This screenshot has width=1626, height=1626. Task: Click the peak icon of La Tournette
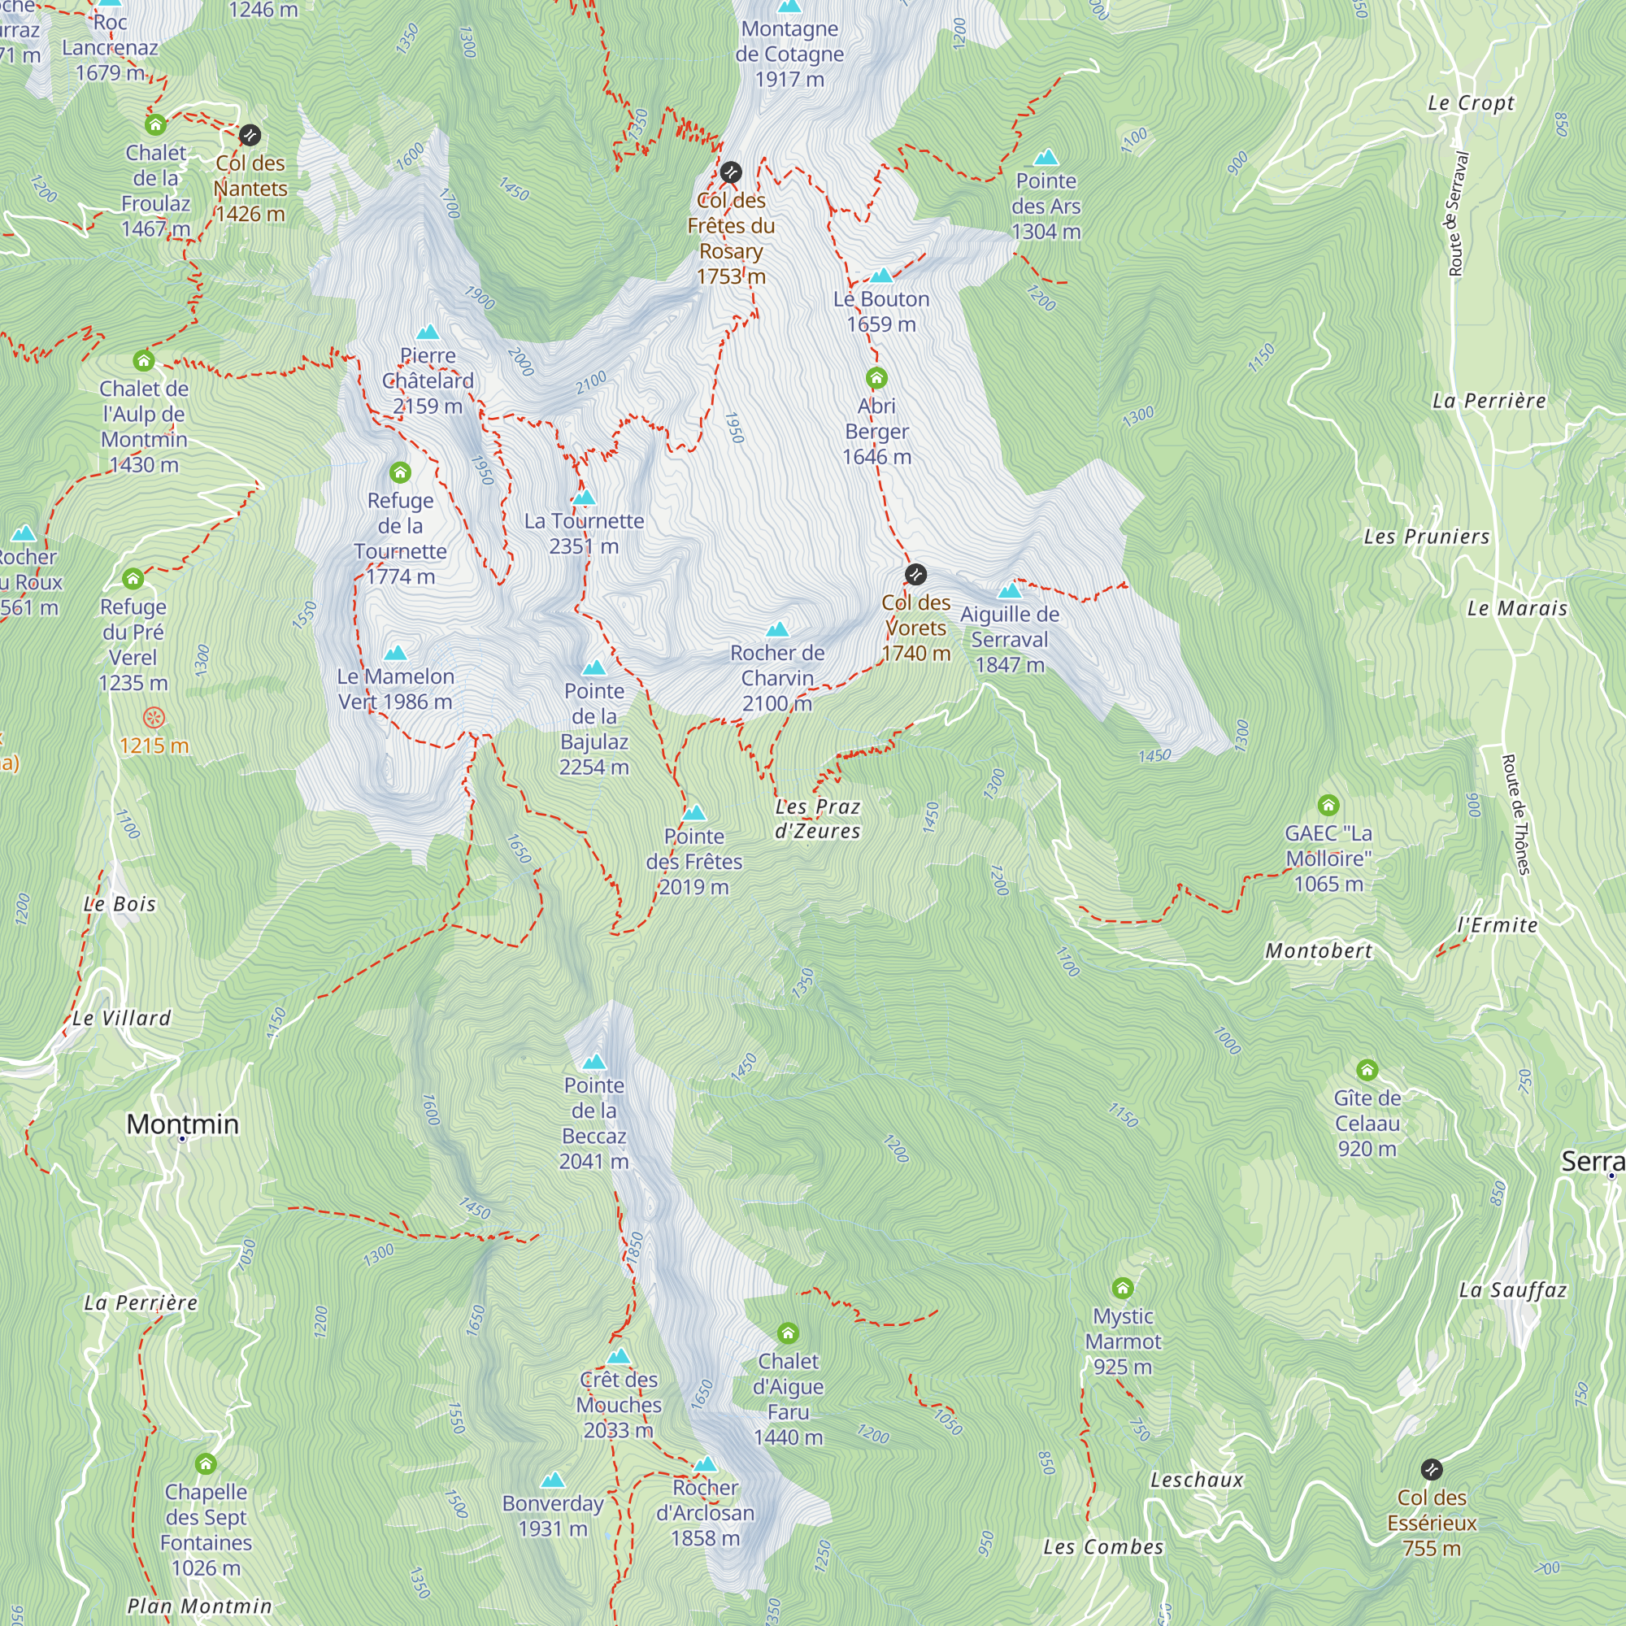tap(584, 498)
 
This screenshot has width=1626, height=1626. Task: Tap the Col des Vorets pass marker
tap(915, 575)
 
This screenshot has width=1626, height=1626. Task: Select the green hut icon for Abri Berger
tap(876, 377)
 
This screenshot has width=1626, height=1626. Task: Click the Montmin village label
tap(183, 1124)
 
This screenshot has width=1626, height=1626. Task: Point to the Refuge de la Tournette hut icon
tap(401, 472)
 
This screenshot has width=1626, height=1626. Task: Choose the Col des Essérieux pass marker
tap(1432, 1469)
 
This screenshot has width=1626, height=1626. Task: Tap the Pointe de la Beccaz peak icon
tap(594, 1061)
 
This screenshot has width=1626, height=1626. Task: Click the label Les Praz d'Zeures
tap(817, 819)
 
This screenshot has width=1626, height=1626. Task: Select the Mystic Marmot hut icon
tap(1123, 1288)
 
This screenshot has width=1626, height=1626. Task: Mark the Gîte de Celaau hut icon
tap(1367, 1070)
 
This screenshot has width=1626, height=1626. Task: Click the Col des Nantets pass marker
tap(250, 135)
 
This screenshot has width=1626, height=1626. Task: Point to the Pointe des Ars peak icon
tap(1046, 158)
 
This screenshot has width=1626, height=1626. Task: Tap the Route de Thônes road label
tap(1516, 815)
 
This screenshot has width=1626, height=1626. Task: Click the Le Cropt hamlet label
tap(1470, 103)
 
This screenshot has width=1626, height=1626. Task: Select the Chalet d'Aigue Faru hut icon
tap(788, 1333)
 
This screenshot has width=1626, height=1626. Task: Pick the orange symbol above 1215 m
tap(154, 718)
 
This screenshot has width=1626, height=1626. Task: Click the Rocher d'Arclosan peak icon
tap(705, 1464)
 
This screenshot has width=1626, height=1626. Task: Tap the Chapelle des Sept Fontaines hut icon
tap(207, 1463)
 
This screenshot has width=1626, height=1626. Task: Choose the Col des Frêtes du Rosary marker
tap(732, 172)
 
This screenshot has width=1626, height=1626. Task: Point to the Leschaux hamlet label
tap(1197, 1480)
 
